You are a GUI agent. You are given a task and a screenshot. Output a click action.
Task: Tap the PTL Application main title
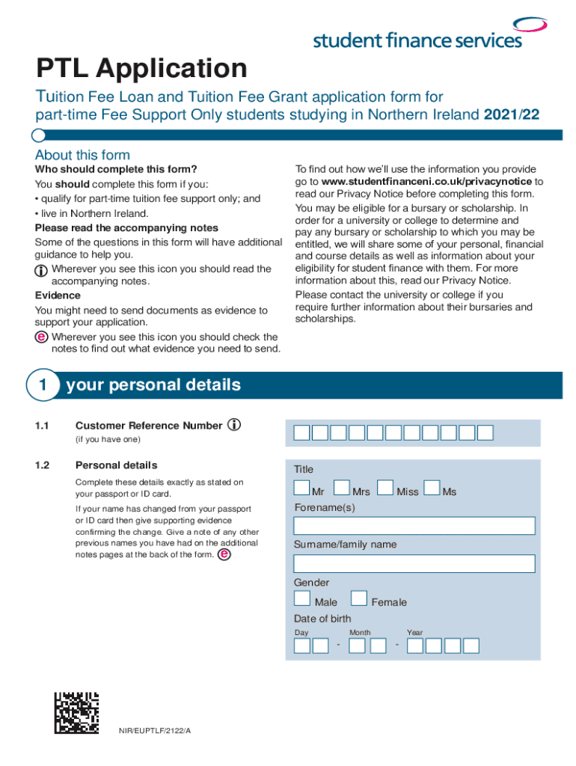tap(142, 69)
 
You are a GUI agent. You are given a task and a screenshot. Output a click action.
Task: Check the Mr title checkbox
tap(301, 488)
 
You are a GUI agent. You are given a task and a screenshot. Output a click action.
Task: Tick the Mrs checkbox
tap(341, 488)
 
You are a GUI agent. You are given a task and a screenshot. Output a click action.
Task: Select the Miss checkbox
tap(385, 488)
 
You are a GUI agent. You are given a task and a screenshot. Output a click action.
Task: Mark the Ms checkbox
tap(431, 488)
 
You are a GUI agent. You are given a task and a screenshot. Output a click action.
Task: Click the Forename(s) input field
tap(414, 525)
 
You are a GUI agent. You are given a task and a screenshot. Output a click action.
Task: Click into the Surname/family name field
tap(414, 563)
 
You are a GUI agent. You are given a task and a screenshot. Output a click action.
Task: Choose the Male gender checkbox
tap(302, 598)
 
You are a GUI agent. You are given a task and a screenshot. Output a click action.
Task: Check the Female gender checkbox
tap(359, 598)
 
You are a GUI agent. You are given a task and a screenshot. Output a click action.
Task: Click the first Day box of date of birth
tap(301, 646)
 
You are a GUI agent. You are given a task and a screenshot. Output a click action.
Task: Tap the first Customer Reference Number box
tap(301, 432)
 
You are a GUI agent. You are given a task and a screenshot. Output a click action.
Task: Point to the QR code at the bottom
tap(76, 712)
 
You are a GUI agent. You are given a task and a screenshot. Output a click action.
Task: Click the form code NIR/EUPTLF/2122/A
tap(155, 730)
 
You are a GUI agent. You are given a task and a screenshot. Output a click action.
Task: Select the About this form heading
tap(82, 155)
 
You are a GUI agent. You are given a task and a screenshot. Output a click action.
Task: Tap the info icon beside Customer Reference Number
tap(234, 425)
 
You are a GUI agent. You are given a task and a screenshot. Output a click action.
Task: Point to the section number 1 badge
tap(43, 386)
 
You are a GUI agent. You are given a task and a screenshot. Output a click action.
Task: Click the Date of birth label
tap(322, 619)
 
